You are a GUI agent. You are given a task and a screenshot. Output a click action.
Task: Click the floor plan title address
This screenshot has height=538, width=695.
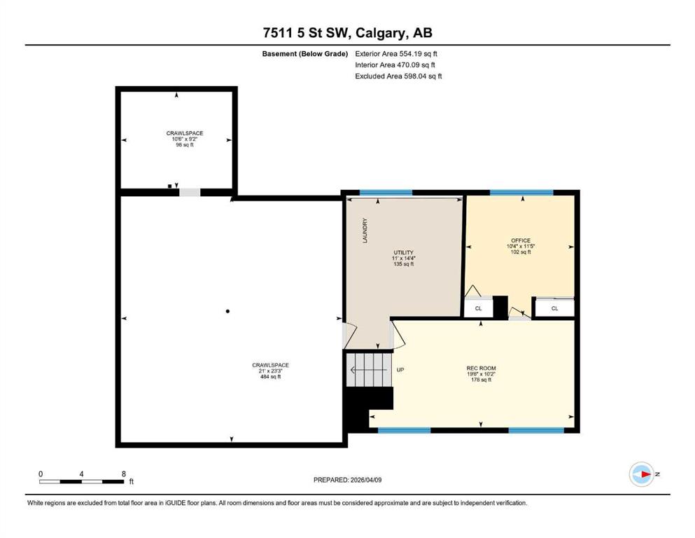(347, 33)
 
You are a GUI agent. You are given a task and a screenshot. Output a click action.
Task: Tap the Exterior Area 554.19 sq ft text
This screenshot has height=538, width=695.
(396, 54)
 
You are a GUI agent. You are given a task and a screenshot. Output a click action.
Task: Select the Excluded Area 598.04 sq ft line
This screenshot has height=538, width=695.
(398, 76)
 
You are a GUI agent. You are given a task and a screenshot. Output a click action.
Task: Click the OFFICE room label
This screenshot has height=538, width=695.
(520, 240)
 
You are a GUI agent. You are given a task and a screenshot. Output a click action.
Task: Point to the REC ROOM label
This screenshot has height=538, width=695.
(481, 368)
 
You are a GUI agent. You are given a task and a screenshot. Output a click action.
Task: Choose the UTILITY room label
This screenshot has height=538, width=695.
(403, 252)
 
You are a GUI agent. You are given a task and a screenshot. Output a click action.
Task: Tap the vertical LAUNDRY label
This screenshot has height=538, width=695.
(365, 230)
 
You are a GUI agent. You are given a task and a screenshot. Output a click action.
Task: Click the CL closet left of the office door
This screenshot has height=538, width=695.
(478, 308)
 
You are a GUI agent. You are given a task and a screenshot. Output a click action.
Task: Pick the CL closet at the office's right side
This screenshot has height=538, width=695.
(554, 308)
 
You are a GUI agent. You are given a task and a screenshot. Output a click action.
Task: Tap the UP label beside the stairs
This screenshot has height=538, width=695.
(400, 370)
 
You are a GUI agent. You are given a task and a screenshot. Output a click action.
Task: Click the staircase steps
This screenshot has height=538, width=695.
(369, 369)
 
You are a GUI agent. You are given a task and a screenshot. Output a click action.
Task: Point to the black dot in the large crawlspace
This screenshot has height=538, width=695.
(228, 311)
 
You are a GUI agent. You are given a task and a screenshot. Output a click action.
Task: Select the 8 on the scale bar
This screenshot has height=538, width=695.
(124, 474)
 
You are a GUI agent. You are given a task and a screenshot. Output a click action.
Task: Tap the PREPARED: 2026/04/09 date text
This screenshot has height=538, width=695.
(347, 480)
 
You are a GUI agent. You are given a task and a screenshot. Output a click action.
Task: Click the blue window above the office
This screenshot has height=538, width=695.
(521, 193)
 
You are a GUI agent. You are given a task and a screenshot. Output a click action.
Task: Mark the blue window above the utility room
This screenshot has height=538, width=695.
(386, 193)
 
